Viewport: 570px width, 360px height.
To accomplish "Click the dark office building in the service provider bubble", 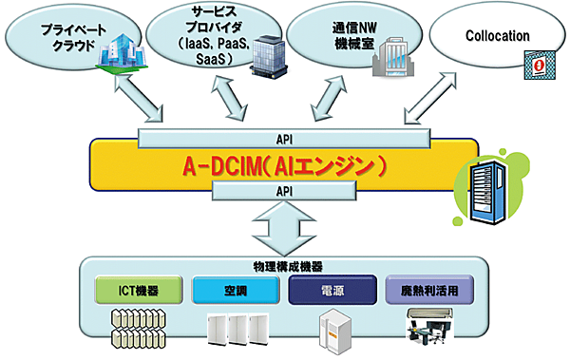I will pyautogui.click(x=266, y=58).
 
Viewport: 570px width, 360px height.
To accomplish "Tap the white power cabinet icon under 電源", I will pyautogui.click(x=332, y=330).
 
